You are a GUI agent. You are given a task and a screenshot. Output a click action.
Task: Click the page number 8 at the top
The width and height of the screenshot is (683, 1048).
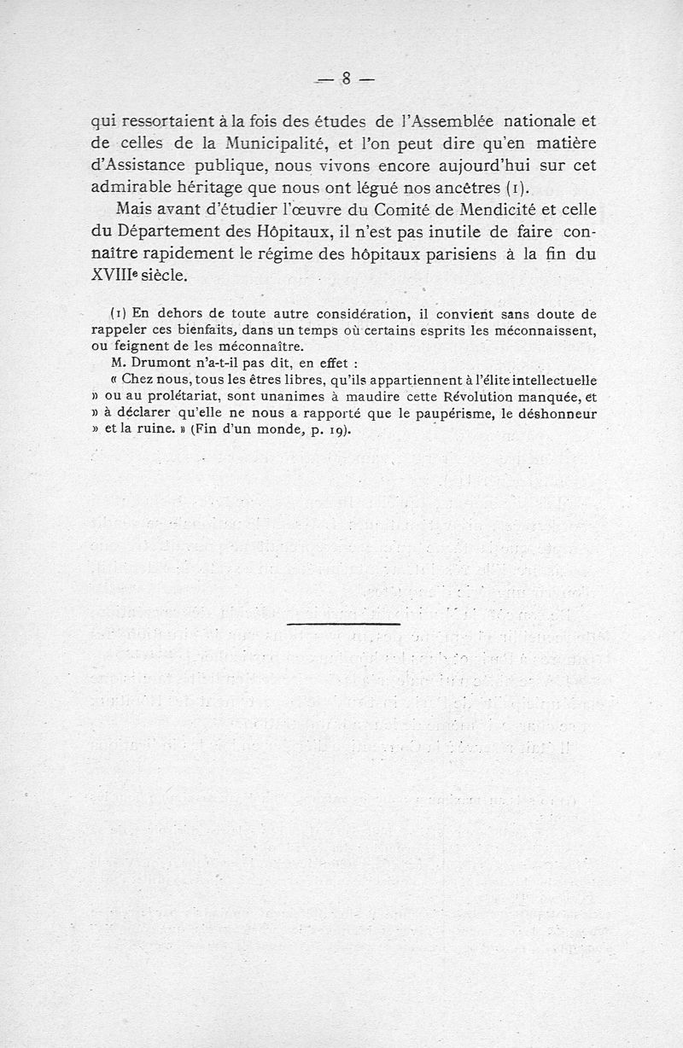pyautogui.click(x=347, y=79)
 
